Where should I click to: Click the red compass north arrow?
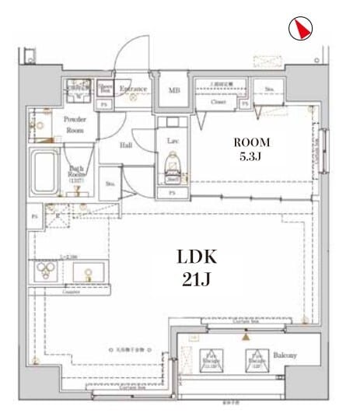tap(300, 29)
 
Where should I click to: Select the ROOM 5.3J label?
tap(253, 149)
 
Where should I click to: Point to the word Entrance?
tap(133, 89)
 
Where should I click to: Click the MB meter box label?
tap(174, 90)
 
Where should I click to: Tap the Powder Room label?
tap(75, 124)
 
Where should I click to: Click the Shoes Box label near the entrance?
tap(105, 87)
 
